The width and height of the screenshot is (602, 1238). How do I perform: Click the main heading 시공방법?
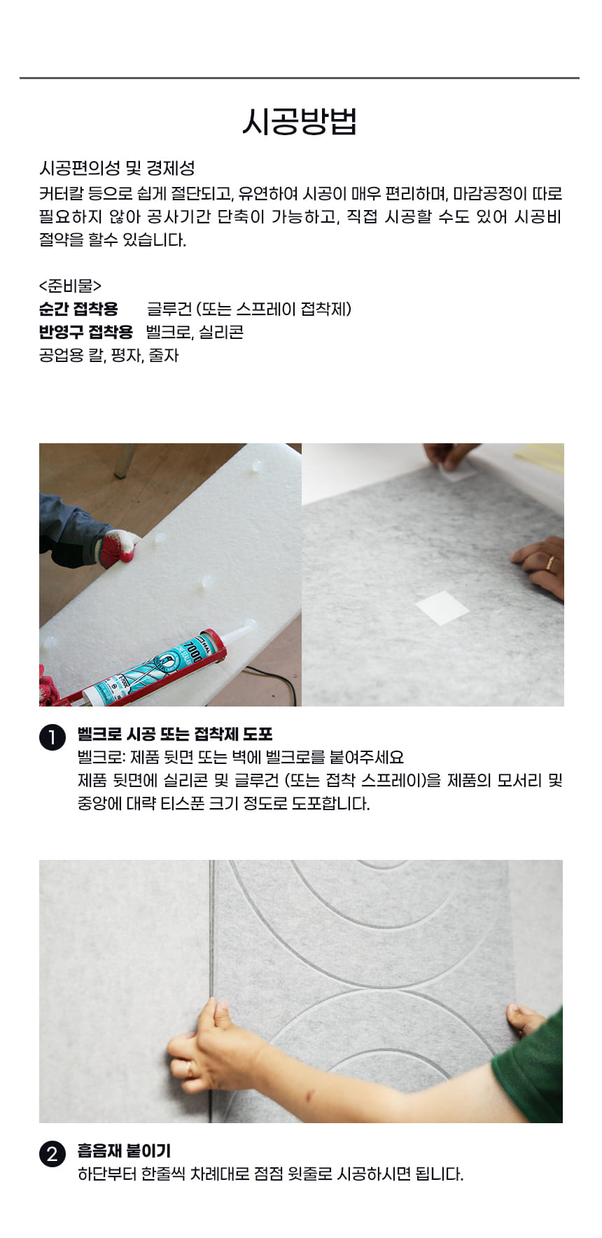(300, 121)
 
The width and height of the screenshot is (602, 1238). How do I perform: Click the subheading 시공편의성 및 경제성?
(117, 168)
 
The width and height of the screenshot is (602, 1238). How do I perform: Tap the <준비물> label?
(70, 286)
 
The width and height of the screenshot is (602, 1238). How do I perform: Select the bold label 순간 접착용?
(78, 309)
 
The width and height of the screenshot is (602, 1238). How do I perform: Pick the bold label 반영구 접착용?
(86, 332)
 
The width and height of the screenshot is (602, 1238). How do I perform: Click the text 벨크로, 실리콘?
(195, 332)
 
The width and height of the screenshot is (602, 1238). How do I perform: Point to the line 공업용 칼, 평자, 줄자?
(109, 355)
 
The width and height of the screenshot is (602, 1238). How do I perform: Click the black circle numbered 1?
(52, 738)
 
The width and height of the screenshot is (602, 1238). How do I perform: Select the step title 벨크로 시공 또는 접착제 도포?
(175, 734)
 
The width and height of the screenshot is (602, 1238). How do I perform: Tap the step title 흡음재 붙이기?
(124, 1150)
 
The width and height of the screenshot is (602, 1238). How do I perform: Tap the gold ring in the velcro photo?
(550, 564)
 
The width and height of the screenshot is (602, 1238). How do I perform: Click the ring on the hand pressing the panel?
(190, 1068)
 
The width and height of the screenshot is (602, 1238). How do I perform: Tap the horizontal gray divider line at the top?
(300, 78)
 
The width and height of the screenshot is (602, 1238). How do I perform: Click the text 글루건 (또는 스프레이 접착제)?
(249, 309)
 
